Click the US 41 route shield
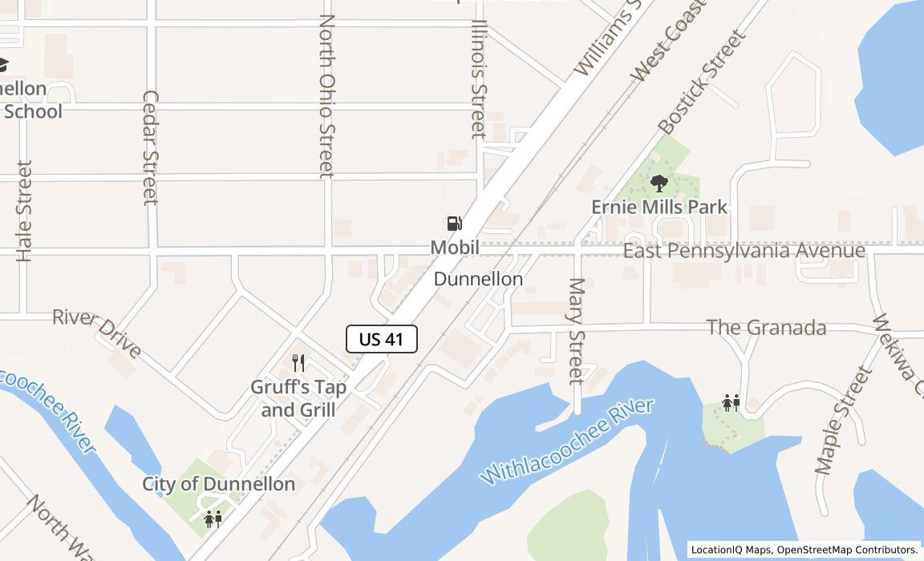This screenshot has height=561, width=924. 382,339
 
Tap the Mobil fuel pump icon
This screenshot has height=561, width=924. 455,224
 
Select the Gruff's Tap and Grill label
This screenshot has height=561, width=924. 299,398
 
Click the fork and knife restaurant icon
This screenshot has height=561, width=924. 298,363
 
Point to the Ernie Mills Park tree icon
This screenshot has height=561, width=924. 659,184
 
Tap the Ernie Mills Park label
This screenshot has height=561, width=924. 659,207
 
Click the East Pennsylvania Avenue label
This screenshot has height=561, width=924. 744,251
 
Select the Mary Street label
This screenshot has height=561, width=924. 576,330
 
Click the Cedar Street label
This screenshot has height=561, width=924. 150,147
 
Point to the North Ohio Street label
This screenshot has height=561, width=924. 326,95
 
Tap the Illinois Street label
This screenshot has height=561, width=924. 478,79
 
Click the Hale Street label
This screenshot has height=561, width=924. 25,211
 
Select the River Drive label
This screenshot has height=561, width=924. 97,332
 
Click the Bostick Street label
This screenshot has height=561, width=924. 701,82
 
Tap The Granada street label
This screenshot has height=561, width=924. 766,328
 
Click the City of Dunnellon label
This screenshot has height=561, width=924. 219,484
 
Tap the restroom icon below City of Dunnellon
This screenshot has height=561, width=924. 213,519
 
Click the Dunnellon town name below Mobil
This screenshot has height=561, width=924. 478,279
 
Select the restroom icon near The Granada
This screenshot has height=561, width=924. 731,402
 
